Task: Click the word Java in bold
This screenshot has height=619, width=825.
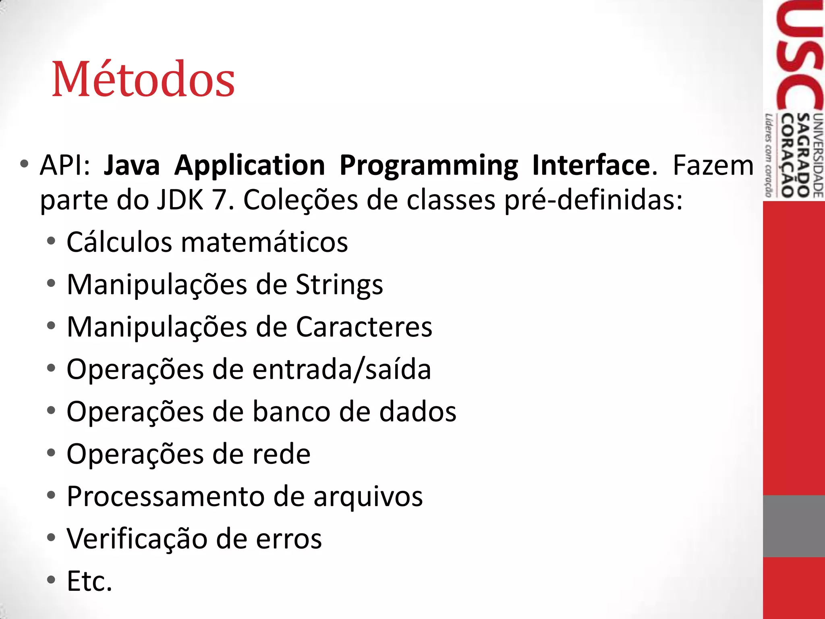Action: coord(131,165)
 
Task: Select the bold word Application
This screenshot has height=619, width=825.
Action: coord(249,166)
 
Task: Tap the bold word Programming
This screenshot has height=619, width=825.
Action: coord(429,166)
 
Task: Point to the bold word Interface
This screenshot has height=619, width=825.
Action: coord(591,165)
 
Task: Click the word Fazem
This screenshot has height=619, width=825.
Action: coord(713,165)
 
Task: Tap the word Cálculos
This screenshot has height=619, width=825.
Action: coord(119,242)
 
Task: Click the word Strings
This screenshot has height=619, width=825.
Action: coord(339,285)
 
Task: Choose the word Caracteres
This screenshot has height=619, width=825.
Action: coord(364,327)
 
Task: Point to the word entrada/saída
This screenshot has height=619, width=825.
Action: coord(342,369)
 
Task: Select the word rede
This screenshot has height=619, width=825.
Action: coord(287,454)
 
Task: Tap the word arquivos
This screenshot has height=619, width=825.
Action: coord(368,497)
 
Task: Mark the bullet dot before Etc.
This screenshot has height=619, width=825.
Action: coord(51,580)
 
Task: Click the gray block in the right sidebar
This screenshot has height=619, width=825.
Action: coord(794,526)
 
